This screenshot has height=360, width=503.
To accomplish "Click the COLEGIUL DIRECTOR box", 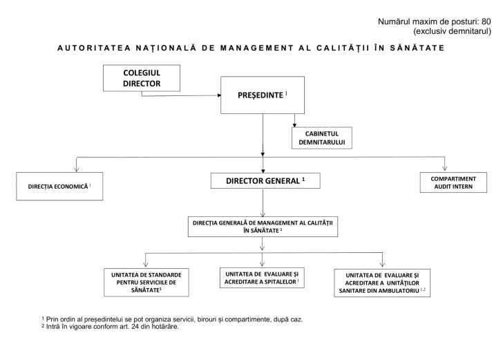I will (141, 78).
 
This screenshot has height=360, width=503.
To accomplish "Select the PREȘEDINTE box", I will (262, 95).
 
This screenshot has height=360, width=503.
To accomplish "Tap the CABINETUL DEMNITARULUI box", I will (321, 138).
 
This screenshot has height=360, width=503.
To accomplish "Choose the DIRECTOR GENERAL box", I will (265, 181).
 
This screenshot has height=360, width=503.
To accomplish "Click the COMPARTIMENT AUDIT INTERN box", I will (453, 182).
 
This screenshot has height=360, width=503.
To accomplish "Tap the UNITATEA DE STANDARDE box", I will (146, 282).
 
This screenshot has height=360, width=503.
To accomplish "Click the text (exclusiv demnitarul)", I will (452, 31).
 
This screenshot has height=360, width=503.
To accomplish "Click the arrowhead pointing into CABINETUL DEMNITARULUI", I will (296, 125).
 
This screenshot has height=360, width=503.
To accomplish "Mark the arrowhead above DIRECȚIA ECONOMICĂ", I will (77, 169).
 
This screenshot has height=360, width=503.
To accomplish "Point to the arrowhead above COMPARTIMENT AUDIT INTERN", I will (445, 168).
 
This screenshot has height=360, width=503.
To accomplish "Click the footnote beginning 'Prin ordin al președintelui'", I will (172, 319).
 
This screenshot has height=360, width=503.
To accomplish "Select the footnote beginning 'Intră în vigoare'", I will (110, 327).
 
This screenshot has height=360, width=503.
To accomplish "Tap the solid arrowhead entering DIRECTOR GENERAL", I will (263, 170).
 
